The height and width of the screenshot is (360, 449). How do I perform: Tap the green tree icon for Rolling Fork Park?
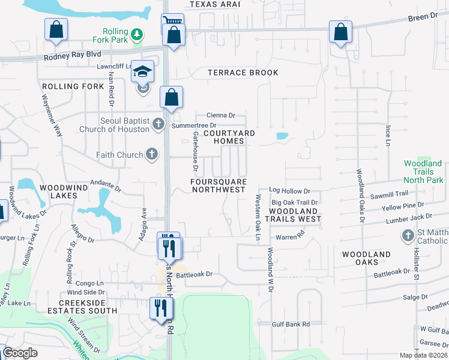138,34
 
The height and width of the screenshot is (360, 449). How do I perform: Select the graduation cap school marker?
143,72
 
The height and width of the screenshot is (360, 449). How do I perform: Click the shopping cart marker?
172,22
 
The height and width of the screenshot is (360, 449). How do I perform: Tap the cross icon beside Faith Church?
152,155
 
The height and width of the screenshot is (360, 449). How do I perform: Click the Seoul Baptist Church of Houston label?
124,125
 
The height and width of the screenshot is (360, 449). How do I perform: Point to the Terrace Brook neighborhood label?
243,73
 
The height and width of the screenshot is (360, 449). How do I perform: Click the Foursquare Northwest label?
218,185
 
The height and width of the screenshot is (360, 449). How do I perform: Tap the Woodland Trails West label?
295,215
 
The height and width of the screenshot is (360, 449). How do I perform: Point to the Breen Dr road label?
423,17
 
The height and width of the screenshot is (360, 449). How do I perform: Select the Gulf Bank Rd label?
289,324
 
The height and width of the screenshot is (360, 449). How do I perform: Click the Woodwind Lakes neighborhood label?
59,191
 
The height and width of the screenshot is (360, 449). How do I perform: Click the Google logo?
20,353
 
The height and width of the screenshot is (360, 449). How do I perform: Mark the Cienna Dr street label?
220,115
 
